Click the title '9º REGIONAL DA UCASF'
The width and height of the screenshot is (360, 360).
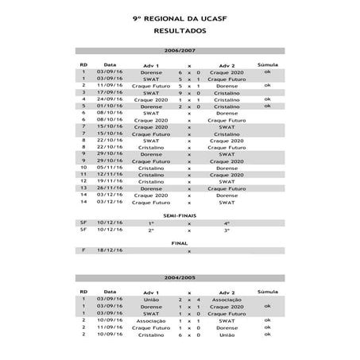[180, 17]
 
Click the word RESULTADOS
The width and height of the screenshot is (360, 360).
[180, 29]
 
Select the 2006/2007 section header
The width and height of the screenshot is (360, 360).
[180, 51]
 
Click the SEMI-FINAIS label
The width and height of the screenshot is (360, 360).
[180, 215]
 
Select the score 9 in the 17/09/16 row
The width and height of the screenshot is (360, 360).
[180, 92]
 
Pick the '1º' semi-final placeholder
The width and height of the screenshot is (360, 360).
[151, 223]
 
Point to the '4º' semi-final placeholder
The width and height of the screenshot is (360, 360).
[226, 223]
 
